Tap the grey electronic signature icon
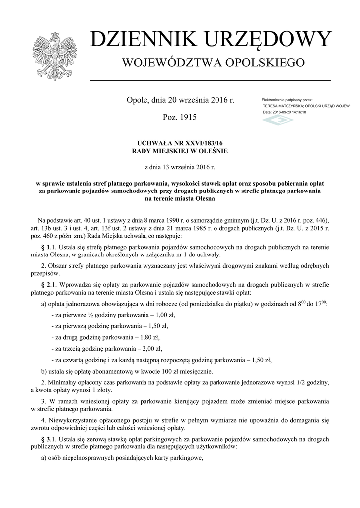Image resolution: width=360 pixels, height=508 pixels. [278, 120]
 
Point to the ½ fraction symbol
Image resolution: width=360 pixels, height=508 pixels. [91, 315]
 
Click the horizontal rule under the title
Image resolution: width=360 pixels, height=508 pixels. [210, 80]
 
